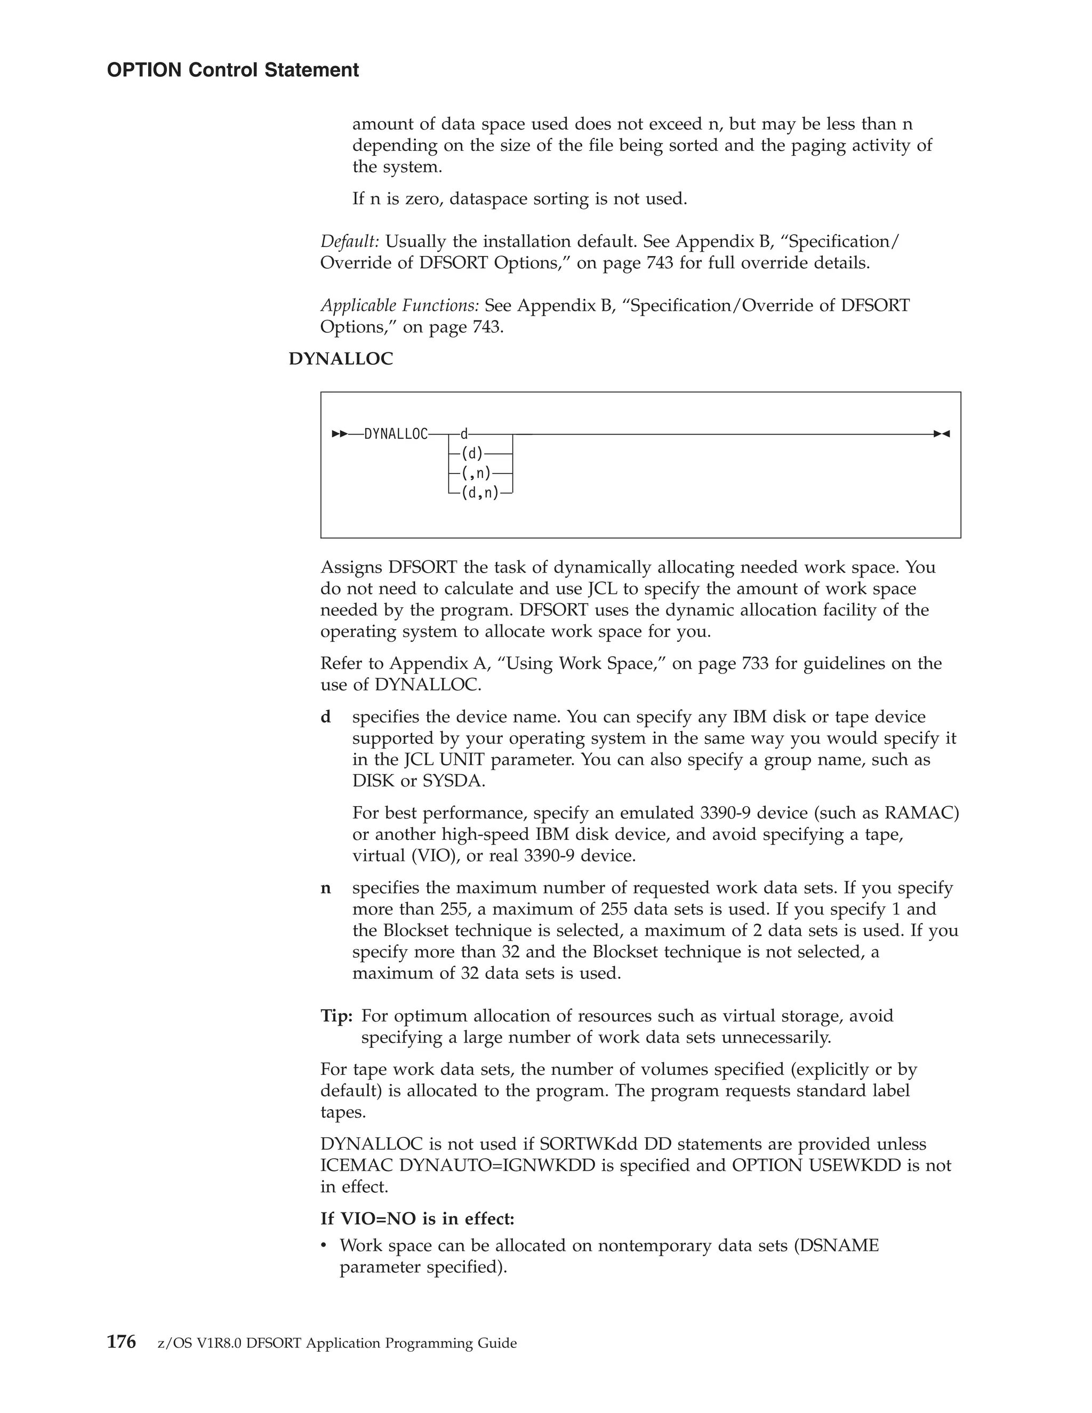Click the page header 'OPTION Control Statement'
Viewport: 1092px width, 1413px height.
pos(232,70)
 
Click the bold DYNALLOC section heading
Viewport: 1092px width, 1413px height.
pos(340,359)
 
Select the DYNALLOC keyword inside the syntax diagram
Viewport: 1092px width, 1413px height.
pos(396,434)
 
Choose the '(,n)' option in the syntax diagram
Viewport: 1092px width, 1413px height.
pos(476,473)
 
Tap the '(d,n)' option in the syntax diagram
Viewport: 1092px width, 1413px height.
pos(480,494)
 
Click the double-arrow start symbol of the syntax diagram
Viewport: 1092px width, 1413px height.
pos(339,434)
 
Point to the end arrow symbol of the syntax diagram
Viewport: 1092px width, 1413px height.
pos(941,434)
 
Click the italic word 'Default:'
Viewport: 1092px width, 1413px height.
pos(349,242)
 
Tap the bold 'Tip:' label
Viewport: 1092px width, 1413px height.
pos(336,1016)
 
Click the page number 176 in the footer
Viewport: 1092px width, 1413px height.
pos(121,1343)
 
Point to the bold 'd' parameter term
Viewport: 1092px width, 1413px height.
pos(326,717)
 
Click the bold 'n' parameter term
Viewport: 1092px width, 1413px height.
pos(326,888)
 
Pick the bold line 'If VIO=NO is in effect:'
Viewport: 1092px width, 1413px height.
pos(417,1219)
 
